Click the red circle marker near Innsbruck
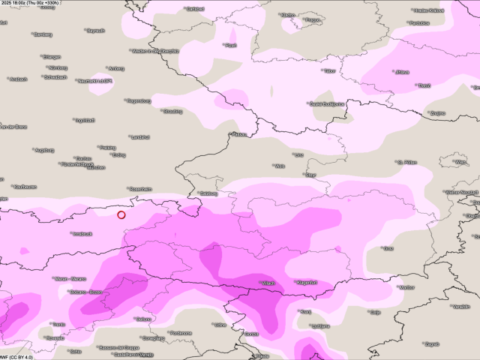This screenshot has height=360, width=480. [121, 215]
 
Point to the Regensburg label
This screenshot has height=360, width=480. [139, 100]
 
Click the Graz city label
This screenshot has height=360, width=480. [388, 248]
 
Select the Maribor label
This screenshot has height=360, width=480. [406, 286]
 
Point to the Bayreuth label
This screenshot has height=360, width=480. [95, 31]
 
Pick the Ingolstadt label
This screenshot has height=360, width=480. [84, 120]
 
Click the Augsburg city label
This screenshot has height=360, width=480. [44, 150]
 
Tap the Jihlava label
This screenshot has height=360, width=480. [401, 72]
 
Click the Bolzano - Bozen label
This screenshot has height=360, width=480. [85, 291]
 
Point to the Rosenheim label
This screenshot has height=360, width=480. [140, 188]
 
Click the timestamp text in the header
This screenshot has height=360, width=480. [40, 4]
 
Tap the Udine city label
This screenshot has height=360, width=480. [220, 325]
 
